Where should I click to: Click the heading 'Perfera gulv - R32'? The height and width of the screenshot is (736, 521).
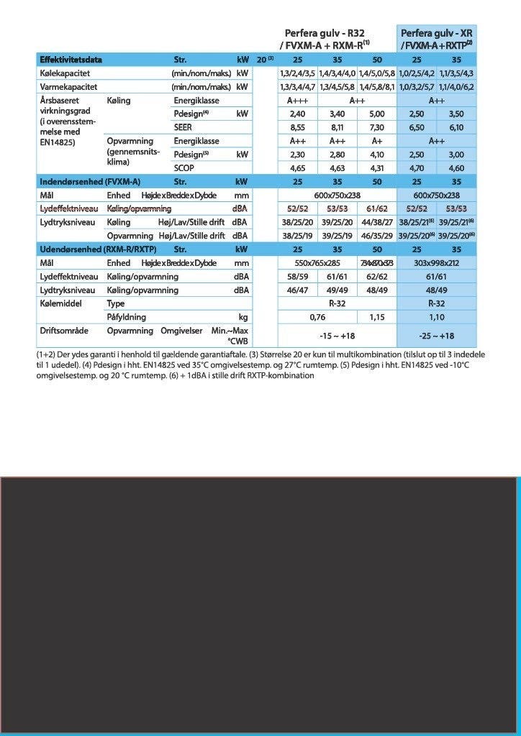coord(325,33)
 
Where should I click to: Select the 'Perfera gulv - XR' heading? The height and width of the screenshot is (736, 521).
coord(436,33)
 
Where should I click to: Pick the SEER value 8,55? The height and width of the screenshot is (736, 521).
coord(296,127)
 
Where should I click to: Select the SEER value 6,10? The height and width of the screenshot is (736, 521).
coord(456,127)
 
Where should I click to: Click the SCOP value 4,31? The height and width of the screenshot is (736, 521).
coord(377,167)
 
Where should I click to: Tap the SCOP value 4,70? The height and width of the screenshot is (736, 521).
coord(417,167)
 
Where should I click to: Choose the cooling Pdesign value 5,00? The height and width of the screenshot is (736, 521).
coord(377,114)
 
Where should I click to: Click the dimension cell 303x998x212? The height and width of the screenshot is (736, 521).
coord(436,262)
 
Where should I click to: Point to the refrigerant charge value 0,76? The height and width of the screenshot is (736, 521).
coord(317,316)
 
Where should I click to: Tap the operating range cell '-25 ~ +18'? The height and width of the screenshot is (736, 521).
coord(436,335)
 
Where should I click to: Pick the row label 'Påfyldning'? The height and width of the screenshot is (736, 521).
coord(126,316)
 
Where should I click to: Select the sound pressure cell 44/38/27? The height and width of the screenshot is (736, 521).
coord(377,222)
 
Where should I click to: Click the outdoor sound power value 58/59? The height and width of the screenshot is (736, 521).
coord(296,276)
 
